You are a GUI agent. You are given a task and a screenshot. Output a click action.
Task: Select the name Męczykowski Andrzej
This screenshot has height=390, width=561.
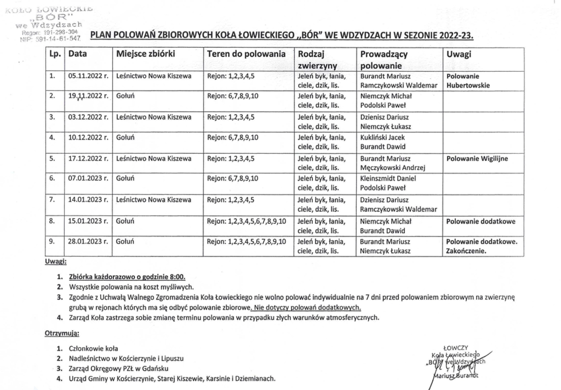(392, 168)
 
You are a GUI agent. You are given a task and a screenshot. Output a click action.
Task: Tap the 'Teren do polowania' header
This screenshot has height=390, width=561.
(246, 54)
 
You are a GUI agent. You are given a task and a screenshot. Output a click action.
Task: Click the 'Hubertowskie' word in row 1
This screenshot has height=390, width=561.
(468, 85)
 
